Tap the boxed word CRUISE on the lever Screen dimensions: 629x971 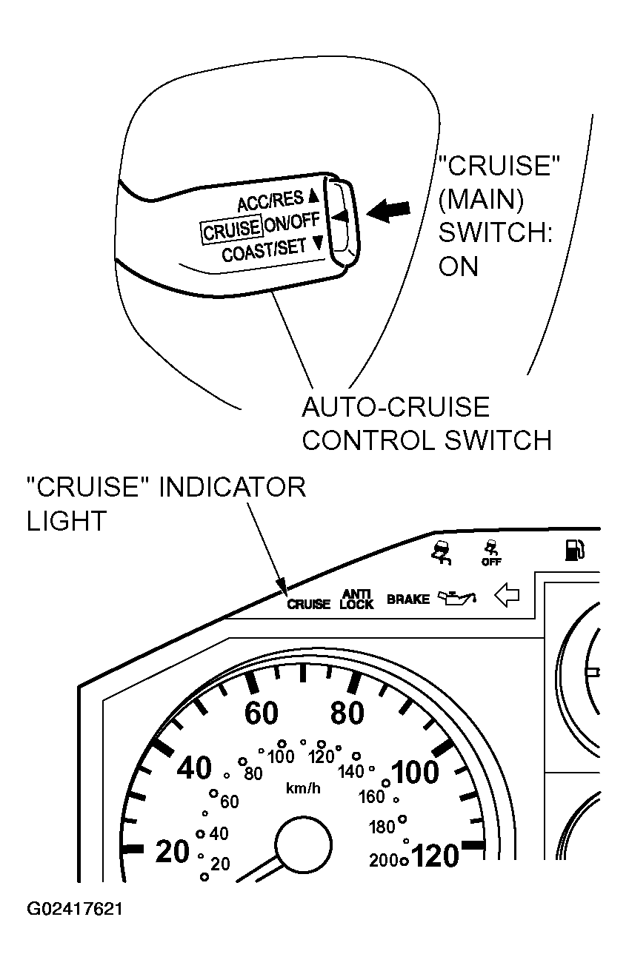(232, 229)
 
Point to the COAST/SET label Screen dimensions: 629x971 (264, 250)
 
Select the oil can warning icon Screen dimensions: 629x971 (457, 597)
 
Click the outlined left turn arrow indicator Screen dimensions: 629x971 (507, 596)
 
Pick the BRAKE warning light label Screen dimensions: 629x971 (407, 599)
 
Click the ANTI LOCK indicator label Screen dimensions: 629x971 (356, 599)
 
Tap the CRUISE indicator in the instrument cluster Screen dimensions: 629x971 (308, 604)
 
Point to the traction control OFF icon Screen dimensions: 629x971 (491, 553)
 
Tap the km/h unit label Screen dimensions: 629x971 (303, 787)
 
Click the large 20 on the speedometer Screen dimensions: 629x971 (172, 851)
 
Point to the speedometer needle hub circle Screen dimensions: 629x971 (304, 845)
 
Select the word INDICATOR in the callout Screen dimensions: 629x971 (233, 487)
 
